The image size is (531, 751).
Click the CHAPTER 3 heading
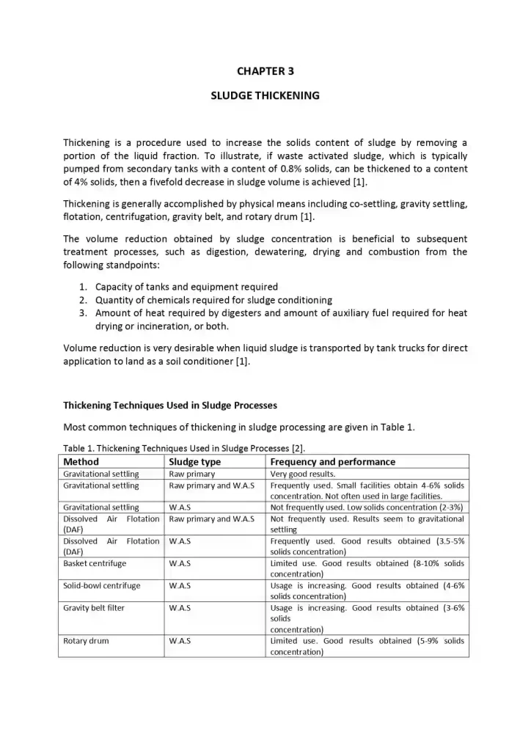[x=265, y=71]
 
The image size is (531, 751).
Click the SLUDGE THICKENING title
[x=265, y=95]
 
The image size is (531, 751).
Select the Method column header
[x=81, y=462]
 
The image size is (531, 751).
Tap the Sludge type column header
[x=194, y=462]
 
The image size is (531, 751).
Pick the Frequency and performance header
[x=332, y=462]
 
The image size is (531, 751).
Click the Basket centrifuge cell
[x=95, y=563]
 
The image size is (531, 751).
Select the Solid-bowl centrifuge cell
[x=102, y=585]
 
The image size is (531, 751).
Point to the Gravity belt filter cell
[x=94, y=607]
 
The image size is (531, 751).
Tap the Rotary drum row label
[x=86, y=640]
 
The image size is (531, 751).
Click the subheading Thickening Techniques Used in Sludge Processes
[x=170, y=405]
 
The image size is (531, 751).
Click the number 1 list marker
[x=83, y=287]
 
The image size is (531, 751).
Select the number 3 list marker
[x=83, y=313]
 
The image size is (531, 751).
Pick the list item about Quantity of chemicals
[x=213, y=300]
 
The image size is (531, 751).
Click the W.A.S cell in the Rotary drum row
[x=180, y=640]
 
